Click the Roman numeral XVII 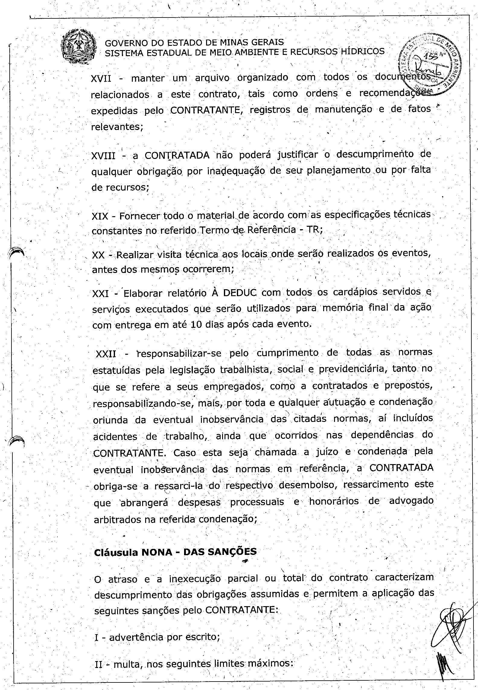[x=101, y=79]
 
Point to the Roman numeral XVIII [x=103, y=156]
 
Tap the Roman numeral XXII [x=106, y=354]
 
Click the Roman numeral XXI [x=100, y=293]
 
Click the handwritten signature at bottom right [x=450, y=627]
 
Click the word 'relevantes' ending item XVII [x=116, y=127]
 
